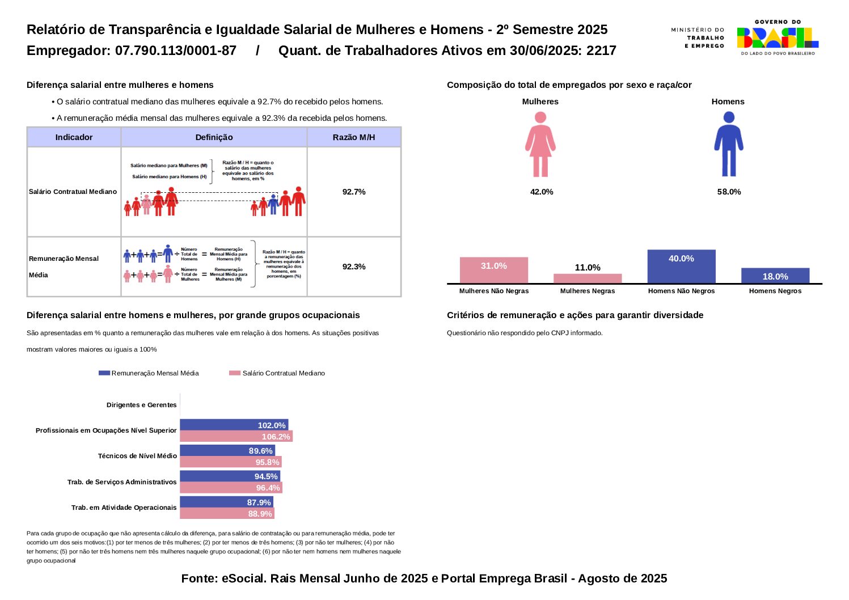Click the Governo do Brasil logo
[x=777, y=37]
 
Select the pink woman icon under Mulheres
[x=540, y=144]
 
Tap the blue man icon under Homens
[x=728, y=144]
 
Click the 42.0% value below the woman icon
[x=541, y=192]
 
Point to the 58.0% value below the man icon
[x=729, y=192]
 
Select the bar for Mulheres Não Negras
[x=493, y=270]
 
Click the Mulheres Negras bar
[x=588, y=278]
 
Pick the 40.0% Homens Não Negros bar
[x=681, y=266]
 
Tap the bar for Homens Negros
[x=775, y=276]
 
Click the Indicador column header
[x=74, y=137]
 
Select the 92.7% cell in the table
[x=354, y=192]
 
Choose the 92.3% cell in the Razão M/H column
[x=354, y=267]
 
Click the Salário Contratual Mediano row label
[x=73, y=192]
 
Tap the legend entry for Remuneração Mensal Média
[x=149, y=373]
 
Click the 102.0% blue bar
[x=234, y=425]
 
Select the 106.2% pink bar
[x=236, y=437]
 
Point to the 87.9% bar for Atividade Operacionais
[x=226, y=502]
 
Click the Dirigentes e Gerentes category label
[x=142, y=405]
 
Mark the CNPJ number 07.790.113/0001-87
[x=176, y=50]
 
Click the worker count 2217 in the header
[x=601, y=50]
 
